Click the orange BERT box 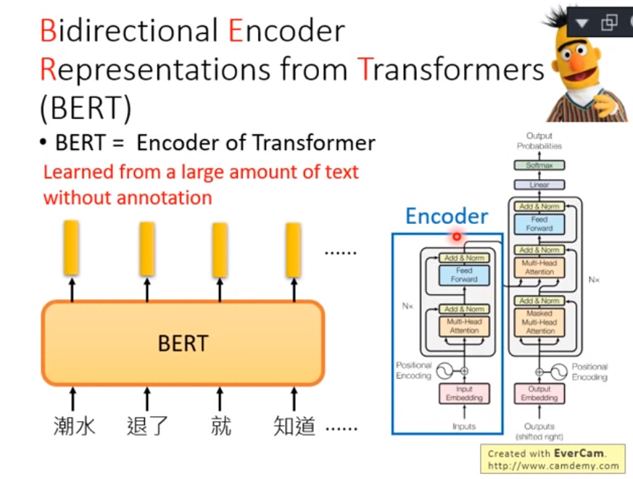(183, 343)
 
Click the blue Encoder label (446, 216)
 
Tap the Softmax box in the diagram (539, 165)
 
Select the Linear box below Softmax (539, 185)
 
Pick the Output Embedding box (539, 393)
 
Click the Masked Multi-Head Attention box (539, 322)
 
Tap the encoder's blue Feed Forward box (464, 275)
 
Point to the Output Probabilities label (539, 141)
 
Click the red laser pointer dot (457, 236)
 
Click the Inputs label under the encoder (464, 426)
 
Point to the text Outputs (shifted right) (539, 431)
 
